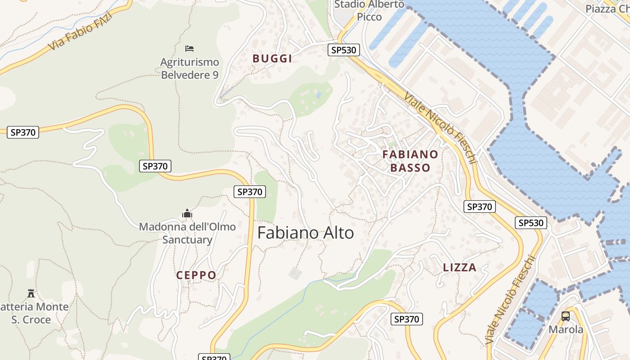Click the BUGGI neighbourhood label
[272, 58]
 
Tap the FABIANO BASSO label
[410, 161]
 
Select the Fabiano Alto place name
[306, 233]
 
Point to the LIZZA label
[459, 267]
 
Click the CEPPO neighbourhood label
[196, 275]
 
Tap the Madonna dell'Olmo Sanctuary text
[187, 233]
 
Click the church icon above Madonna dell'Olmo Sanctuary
[187, 213]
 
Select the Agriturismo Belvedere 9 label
[189, 68]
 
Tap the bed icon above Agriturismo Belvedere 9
[189, 48]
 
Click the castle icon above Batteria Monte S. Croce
[31, 293]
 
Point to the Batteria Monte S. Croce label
[34, 313]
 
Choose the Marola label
[566, 329]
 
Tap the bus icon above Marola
[566, 316]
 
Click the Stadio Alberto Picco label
[369, 11]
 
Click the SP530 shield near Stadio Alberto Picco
[343, 49]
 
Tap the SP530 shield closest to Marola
[531, 222]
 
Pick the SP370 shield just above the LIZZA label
[479, 207]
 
